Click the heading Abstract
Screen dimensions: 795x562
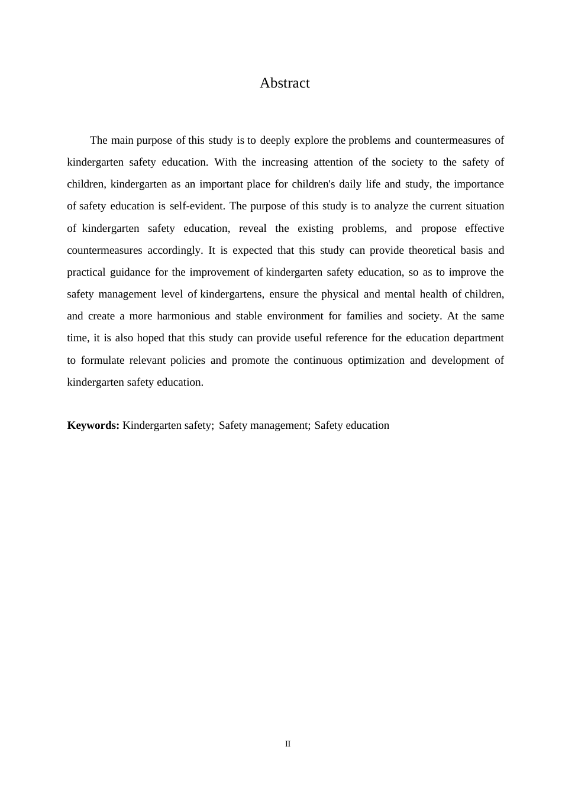tap(285, 83)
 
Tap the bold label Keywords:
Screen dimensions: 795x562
tap(93, 425)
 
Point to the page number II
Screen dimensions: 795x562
tap(288, 744)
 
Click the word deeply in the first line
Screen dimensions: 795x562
tap(275, 141)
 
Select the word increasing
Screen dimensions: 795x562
tap(286, 163)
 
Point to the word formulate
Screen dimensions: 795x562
tap(103, 361)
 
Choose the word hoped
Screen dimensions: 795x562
tap(150, 338)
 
